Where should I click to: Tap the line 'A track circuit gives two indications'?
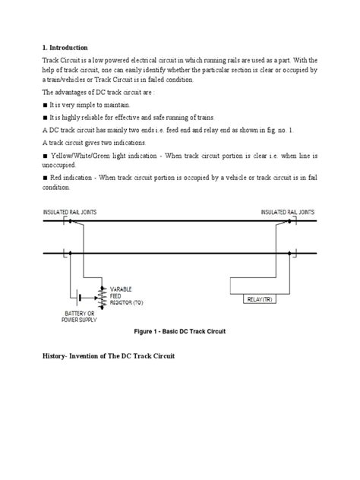[98, 142]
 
